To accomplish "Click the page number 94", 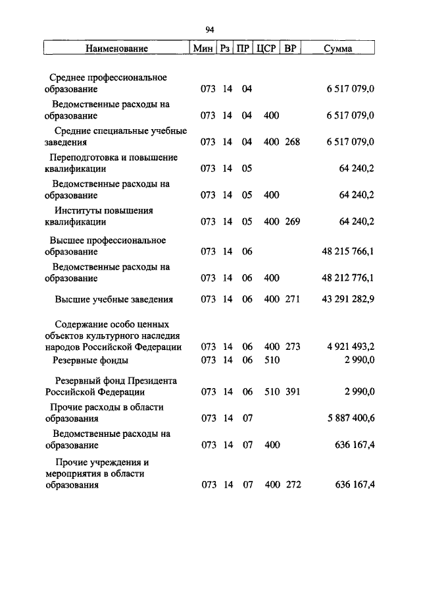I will tap(210, 30).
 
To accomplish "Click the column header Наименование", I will tap(116, 49).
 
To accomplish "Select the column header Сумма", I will tap(338, 49).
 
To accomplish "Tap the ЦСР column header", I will tap(265, 49).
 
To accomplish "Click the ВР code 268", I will tap(292, 142).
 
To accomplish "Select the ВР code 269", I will tap(292, 221).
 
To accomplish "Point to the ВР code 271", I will tap(292, 299).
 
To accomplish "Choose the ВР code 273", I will tap(292, 347).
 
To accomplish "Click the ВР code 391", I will tap(292, 391).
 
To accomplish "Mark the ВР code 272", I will tap(292, 485).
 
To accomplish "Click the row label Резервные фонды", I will tap(91, 360).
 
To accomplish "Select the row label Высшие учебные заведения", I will tap(114, 299).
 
